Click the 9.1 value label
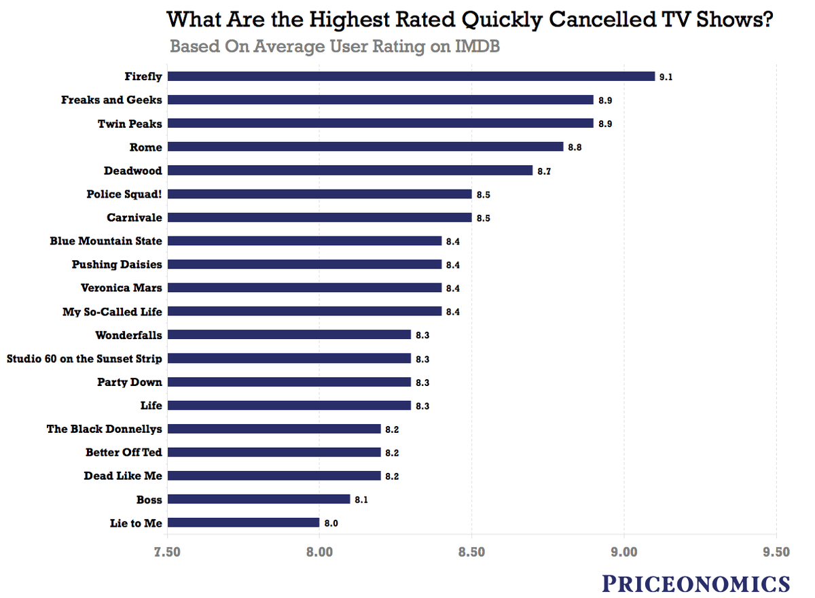666,77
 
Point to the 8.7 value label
543,171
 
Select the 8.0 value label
330,523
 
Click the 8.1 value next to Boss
361,499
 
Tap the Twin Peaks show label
130,123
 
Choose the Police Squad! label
124,194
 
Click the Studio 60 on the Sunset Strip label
84,358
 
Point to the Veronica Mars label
122,287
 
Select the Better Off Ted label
124,452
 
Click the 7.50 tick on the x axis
167,552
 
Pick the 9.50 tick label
776,552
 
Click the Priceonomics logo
696,583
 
